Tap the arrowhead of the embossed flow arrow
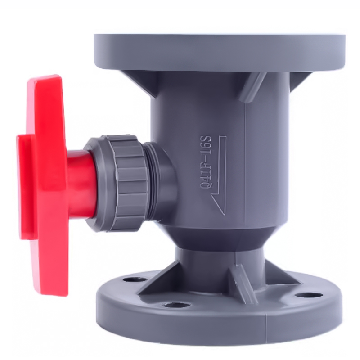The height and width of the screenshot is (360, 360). pos(217,204)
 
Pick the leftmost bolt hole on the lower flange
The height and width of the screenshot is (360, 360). pos(135,280)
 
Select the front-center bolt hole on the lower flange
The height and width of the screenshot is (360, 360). pos(175,306)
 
